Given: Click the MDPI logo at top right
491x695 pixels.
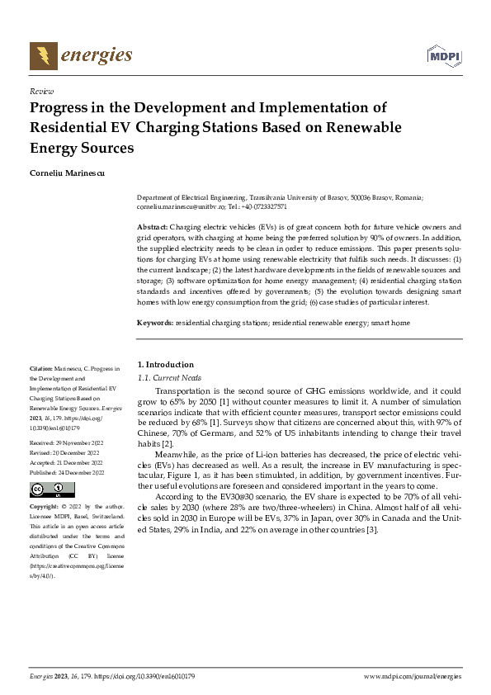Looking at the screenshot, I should pos(445,55).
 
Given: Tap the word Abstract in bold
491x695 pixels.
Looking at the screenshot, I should pos(152,226).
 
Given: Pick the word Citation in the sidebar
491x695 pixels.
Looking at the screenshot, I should pos(40,368).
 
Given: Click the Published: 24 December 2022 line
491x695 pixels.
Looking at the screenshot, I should pos(66,473).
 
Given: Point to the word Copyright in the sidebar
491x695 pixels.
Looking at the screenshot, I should pos(43,504).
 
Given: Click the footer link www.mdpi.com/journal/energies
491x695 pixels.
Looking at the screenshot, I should pos(412,676).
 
